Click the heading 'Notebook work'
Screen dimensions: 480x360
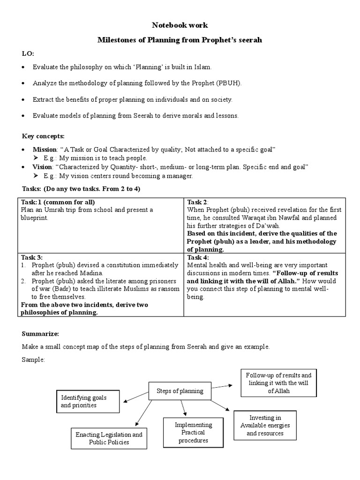click(x=180, y=25)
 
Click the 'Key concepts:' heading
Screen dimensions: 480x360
click(x=44, y=136)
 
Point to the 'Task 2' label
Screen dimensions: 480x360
click(x=197, y=202)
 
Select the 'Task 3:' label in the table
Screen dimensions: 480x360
click(x=32, y=257)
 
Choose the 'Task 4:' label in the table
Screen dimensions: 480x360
click(x=198, y=257)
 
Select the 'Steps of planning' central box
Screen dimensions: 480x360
click(x=180, y=391)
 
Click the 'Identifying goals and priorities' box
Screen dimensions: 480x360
click(x=83, y=401)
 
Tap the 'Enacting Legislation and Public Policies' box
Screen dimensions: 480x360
click(x=109, y=438)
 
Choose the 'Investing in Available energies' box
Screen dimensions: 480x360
click(x=265, y=425)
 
